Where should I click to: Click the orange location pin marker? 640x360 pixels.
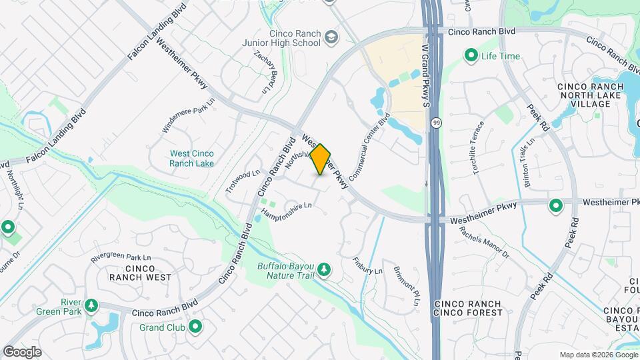[x=321, y=159]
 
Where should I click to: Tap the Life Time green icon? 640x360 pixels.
[x=471, y=56]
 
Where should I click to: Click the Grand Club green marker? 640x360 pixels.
[x=195, y=327]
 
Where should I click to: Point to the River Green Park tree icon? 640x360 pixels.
[x=91, y=306]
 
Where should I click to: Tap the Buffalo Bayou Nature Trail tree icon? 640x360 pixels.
[x=324, y=269]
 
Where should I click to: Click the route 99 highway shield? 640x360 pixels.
[x=435, y=123]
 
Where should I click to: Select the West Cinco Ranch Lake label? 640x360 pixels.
[x=191, y=158]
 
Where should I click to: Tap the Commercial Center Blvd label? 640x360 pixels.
[x=369, y=150]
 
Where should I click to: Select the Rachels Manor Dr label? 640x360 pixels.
[x=484, y=243]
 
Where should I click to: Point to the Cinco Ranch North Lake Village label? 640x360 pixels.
[x=585, y=95]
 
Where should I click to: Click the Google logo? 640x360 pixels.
[x=22, y=351]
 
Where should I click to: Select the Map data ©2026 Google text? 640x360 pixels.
[x=598, y=355]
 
